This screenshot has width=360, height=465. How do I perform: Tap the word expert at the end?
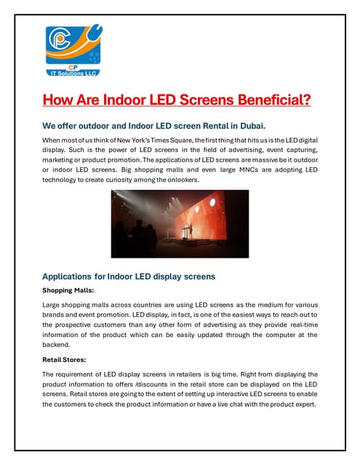[x=302, y=404]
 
